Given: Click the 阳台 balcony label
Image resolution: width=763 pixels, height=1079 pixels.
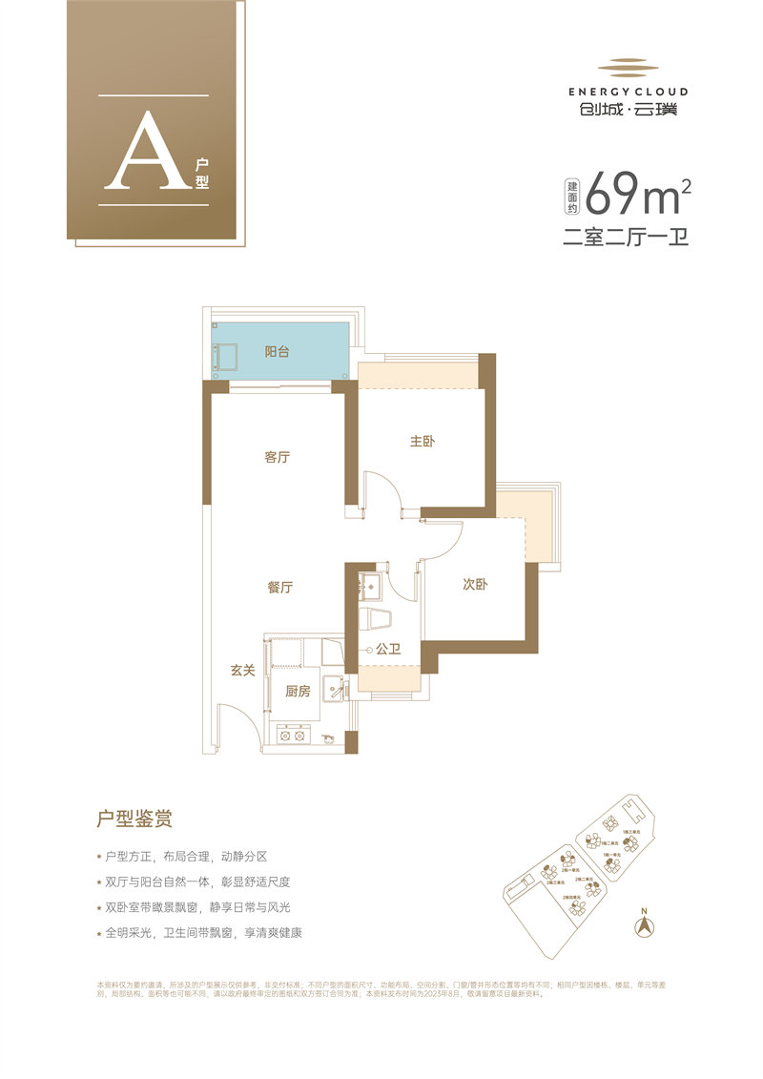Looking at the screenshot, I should point(277,352).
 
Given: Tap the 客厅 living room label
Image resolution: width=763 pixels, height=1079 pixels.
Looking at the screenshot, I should point(277,458).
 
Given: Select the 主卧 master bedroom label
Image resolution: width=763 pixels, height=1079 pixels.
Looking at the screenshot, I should point(423,442).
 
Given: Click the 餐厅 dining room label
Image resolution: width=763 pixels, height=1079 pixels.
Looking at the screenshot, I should point(279,588).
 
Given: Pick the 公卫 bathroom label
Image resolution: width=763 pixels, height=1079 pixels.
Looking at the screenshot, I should point(387,650).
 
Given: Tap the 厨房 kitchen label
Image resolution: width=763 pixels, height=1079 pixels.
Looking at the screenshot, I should point(298,692).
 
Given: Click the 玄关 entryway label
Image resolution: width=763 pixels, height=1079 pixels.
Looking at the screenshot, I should point(241,671).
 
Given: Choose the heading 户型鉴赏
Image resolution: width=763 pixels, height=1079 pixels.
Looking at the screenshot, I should point(134,819).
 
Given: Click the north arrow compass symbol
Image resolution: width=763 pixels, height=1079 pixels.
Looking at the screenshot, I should point(646,923).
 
